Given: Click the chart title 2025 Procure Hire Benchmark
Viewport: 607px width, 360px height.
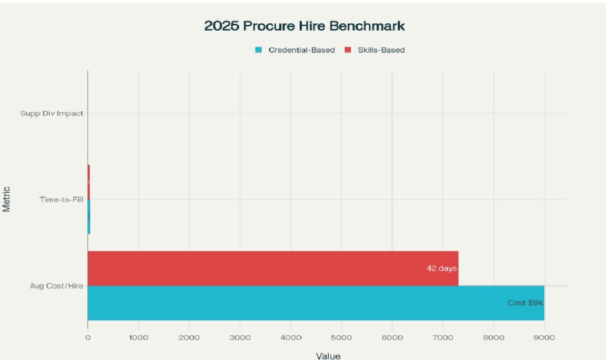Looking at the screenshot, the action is (x=304, y=26).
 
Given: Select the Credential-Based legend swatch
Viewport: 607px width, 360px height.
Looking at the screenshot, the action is (x=259, y=50).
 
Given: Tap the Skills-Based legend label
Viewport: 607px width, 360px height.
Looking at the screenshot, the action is (x=381, y=50).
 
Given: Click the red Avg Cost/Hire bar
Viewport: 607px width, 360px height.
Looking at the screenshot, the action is (x=273, y=268).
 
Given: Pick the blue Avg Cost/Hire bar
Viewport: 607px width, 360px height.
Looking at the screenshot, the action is (x=316, y=303).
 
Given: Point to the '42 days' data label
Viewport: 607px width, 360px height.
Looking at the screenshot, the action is (x=441, y=268).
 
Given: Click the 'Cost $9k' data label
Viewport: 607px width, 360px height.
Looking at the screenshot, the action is (x=525, y=303).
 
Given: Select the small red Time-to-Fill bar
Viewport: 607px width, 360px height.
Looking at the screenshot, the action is (x=88, y=182).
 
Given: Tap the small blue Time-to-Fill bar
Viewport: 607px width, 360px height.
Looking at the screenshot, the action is (x=89, y=217).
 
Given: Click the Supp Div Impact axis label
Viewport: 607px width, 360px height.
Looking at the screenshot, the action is (x=52, y=114).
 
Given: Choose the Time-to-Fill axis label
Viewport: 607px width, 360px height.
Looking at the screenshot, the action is (x=61, y=200).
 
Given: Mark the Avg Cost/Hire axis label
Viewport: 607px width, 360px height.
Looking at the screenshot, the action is (x=57, y=286).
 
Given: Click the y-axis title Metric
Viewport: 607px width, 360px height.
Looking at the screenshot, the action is (x=6, y=200).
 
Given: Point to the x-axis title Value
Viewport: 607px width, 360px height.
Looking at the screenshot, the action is (x=328, y=356).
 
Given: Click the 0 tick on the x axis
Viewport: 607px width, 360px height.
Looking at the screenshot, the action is (x=88, y=337).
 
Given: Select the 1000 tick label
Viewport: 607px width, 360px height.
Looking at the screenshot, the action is (x=139, y=337).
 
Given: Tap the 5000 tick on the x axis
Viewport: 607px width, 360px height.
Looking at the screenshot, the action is (x=342, y=337).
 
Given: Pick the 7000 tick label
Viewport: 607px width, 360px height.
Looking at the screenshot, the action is (x=443, y=337).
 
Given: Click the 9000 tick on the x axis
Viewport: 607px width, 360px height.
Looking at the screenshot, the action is (x=544, y=337).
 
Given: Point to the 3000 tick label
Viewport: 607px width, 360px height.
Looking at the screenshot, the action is (x=240, y=337).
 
